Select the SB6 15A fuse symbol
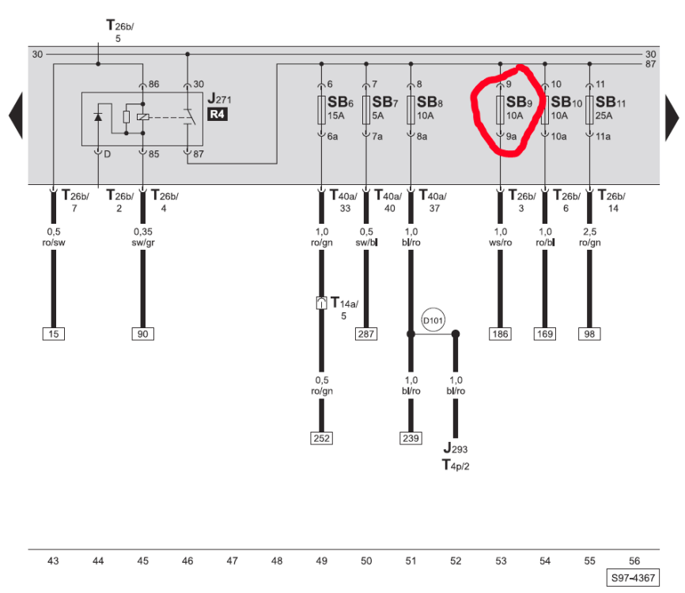point(321,111)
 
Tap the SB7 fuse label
point(384,102)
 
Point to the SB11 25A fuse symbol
point(589,111)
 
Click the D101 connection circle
point(433,320)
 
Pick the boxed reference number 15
point(53,334)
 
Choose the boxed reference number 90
point(142,334)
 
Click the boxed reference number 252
point(321,438)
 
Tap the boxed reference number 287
point(365,334)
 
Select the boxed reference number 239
point(411,438)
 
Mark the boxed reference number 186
point(500,334)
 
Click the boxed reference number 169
point(544,334)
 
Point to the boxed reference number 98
point(589,334)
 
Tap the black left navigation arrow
point(15,115)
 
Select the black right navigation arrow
point(671,115)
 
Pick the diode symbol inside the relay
point(98,117)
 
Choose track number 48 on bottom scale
point(276,561)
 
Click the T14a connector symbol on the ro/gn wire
point(321,303)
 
